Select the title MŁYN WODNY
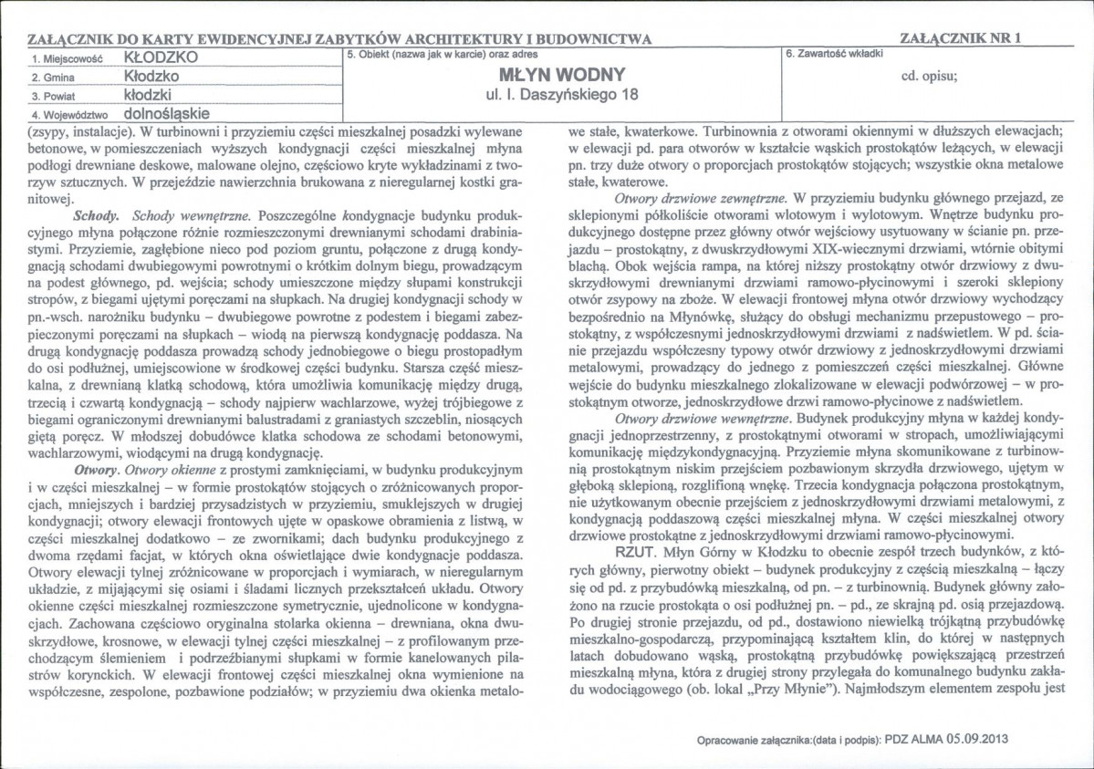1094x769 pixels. coord(562,75)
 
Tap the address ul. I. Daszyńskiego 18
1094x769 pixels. coord(562,95)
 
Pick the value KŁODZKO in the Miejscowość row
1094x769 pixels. coord(160,57)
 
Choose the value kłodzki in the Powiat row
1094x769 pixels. coord(148,95)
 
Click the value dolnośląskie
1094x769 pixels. coord(166,114)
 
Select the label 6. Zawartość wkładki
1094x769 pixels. coord(834,53)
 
